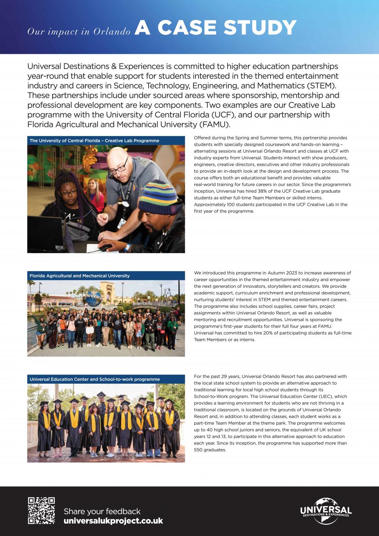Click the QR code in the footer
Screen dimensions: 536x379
(41, 510)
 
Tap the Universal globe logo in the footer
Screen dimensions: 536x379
(326, 511)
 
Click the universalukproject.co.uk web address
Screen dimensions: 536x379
(113, 521)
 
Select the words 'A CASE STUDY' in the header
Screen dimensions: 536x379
(216, 28)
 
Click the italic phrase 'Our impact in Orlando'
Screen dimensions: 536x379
(79, 31)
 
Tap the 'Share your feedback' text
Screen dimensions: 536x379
(102, 511)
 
